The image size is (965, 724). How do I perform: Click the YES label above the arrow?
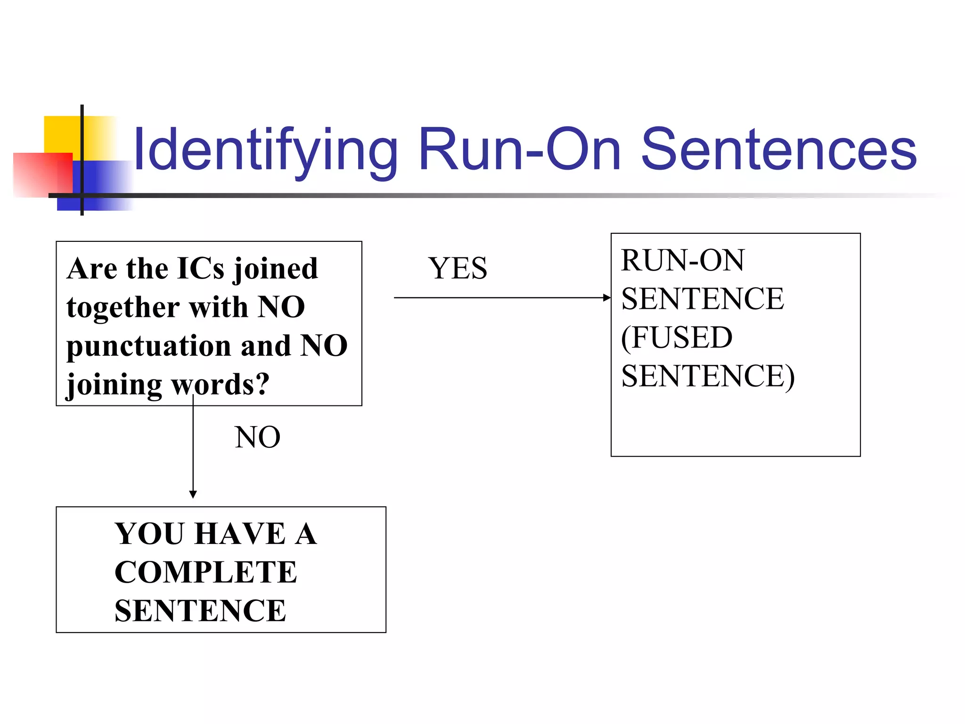click(457, 268)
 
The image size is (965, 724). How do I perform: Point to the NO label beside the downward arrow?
click(257, 437)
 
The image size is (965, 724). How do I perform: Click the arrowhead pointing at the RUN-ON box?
click(607, 297)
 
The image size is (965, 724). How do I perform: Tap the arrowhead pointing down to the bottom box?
click(193, 494)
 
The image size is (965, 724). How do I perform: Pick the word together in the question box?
click(123, 308)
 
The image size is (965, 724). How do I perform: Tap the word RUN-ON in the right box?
click(682, 260)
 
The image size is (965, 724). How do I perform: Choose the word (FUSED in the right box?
click(677, 337)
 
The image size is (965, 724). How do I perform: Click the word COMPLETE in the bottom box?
click(205, 572)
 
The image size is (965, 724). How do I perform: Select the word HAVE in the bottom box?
click(240, 534)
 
